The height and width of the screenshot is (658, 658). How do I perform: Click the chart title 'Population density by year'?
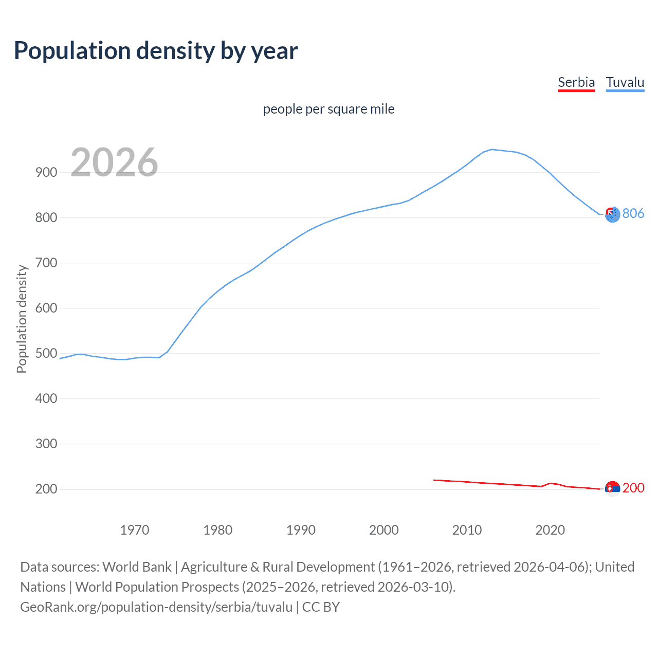tap(156, 51)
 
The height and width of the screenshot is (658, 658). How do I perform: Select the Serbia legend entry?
tap(576, 82)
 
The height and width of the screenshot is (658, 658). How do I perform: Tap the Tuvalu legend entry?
tap(625, 82)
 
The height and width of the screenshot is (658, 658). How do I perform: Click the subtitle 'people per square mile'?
tap(328, 109)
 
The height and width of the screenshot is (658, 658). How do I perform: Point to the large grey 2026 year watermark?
tap(114, 162)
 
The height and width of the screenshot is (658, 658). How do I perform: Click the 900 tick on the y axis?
tap(46, 173)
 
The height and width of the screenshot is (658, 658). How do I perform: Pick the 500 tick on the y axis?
tap(46, 354)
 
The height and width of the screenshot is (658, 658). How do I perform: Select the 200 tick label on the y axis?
tap(46, 489)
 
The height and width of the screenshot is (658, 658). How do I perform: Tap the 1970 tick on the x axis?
tap(135, 530)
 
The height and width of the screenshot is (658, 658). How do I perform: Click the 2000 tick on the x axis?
tap(384, 530)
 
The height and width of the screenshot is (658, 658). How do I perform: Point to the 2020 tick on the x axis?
tap(550, 530)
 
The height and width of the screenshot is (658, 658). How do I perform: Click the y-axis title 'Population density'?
tap(22, 319)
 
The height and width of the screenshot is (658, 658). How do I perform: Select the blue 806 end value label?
tap(633, 213)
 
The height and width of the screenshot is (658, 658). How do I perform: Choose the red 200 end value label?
tap(633, 488)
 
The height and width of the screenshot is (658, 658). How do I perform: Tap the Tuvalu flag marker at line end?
tap(612, 215)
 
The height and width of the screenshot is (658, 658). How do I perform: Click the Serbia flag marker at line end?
tap(612, 488)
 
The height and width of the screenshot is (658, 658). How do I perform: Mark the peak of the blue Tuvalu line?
tap(492, 150)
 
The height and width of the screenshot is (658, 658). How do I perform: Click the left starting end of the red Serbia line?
tap(434, 480)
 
